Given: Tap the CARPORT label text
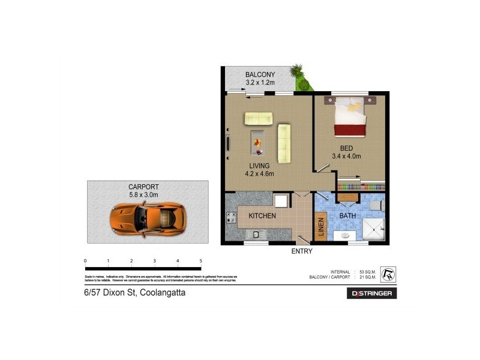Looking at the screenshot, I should [x=143, y=187].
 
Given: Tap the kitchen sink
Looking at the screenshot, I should [x=256, y=234].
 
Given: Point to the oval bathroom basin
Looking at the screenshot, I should [x=345, y=236].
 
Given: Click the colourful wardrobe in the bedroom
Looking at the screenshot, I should [x=360, y=187].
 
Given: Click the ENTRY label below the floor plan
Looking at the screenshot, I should [x=302, y=251].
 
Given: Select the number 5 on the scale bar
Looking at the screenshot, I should [x=200, y=261].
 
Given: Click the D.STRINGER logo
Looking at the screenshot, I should [x=372, y=293].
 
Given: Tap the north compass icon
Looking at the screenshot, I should [x=388, y=274].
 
